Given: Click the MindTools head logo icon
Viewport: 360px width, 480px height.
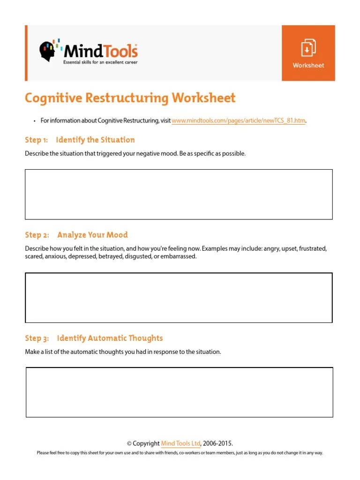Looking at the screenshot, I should click(x=49, y=51).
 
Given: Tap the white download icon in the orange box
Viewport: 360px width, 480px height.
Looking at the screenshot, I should click(x=308, y=48).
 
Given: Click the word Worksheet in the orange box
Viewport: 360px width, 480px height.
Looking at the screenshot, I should click(x=308, y=65).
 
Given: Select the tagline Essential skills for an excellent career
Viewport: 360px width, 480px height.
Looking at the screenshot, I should click(x=101, y=62).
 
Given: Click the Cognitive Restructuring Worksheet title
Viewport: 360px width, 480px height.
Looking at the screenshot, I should click(x=130, y=98).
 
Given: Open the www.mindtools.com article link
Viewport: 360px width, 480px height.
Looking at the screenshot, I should click(x=239, y=121).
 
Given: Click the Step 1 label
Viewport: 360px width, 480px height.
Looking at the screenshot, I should click(x=37, y=140).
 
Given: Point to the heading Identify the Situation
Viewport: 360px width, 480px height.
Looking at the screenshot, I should click(x=95, y=140).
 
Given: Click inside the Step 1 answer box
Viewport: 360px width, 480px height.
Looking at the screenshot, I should click(x=179, y=194).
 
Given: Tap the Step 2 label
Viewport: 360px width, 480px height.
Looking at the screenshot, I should click(x=37, y=235).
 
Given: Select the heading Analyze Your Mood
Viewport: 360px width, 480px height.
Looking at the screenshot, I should click(x=92, y=235).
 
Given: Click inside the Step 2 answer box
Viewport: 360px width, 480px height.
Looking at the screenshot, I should click(x=179, y=298).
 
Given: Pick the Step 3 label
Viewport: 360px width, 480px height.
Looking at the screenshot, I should click(x=37, y=338).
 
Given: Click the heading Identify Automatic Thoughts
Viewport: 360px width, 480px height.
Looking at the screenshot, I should click(x=110, y=338).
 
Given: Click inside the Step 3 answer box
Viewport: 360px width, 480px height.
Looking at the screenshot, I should click(x=179, y=392).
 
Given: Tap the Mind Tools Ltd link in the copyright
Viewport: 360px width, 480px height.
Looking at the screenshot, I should click(x=181, y=443).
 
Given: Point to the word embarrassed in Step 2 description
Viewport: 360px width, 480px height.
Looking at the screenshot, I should click(x=179, y=257).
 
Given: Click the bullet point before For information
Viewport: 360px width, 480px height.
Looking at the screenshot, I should click(x=35, y=121).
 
